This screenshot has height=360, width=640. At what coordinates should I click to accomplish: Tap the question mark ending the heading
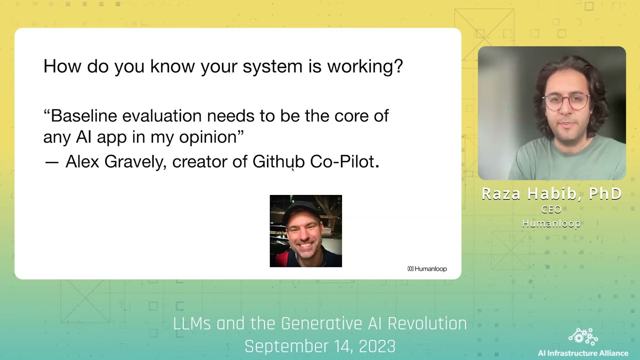(398, 66)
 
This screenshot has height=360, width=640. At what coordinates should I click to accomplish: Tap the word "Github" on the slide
(278, 161)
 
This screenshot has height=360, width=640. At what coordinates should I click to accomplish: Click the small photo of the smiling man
(305, 231)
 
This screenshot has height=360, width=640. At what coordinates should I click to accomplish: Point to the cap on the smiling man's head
(301, 209)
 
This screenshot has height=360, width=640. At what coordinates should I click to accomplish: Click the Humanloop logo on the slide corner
(427, 269)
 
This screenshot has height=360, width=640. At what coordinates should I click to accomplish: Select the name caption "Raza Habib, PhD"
(551, 194)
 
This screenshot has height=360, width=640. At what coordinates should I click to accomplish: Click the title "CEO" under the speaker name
(551, 209)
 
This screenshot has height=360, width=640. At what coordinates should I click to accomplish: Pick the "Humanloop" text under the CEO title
(551, 223)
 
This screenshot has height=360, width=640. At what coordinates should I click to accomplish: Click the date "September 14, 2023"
(319, 346)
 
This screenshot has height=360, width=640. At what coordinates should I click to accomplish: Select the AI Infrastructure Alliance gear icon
(583, 336)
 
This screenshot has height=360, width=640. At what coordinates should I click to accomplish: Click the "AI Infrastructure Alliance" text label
(583, 353)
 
